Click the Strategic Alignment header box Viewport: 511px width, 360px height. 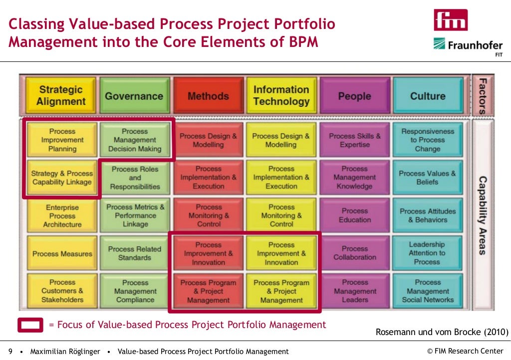[x=62, y=95]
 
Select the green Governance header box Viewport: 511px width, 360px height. [x=134, y=96]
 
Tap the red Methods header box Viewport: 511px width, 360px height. [x=208, y=96]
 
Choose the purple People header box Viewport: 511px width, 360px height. [x=354, y=96]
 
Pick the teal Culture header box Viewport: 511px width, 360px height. [x=427, y=96]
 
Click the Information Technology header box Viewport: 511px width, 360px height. [x=281, y=95]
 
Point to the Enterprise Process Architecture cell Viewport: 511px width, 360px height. [x=62, y=216]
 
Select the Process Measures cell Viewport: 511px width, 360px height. [x=62, y=254]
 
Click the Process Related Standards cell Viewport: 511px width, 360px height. [x=135, y=253]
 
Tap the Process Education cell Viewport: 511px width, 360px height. [x=355, y=215]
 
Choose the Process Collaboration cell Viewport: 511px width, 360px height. [x=355, y=253]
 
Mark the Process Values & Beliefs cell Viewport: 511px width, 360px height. [x=427, y=178]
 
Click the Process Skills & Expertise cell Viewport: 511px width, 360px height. [x=355, y=140]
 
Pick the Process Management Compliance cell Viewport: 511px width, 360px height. [x=135, y=291]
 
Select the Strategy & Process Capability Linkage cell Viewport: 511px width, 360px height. [x=62, y=178]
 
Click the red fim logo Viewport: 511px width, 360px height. [x=451, y=20]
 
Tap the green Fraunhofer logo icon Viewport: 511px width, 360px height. [x=439, y=44]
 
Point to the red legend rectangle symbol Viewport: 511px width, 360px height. [x=30, y=325]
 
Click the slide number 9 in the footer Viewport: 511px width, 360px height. [x=10, y=352]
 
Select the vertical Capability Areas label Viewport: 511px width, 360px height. [x=482, y=215]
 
